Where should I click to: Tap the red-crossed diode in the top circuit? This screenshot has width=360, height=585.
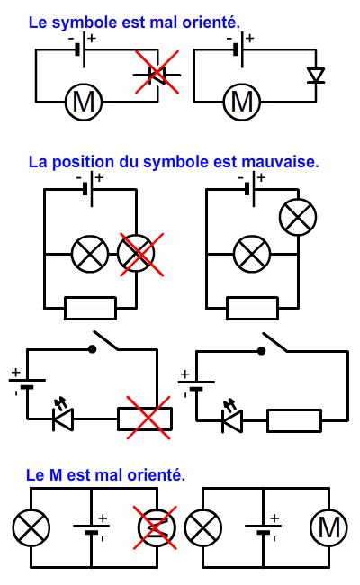pyautogui.click(x=157, y=75)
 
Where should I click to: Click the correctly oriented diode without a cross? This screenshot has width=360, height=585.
pyautogui.click(x=316, y=76)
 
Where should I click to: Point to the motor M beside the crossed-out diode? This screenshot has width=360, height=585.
pyautogui.click(x=84, y=102)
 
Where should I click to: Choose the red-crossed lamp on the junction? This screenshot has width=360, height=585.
pyautogui.click(x=136, y=254)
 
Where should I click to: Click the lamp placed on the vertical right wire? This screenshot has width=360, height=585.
pyautogui.click(x=298, y=217)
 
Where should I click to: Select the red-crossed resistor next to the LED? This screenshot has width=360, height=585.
pyautogui.click(x=145, y=419)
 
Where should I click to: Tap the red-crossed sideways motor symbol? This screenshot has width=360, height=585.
pyautogui.click(x=157, y=527)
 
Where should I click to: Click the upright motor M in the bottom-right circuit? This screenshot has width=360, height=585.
pyautogui.click(x=328, y=528)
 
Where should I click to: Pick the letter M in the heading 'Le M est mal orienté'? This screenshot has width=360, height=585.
pyautogui.click(x=56, y=475)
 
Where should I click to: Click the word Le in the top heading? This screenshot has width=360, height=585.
pyautogui.click(x=38, y=22)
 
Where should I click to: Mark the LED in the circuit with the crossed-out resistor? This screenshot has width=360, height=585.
pyautogui.click(x=63, y=417)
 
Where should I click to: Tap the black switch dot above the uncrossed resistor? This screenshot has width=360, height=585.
pyautogui.click(x=262, y=351)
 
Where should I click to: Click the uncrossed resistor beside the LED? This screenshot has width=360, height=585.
pyautogui.click(x=294, y=421)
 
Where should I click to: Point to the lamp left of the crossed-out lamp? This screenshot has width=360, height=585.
pyautogui.click(x=90, y=254)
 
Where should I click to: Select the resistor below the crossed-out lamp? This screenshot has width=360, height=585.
pyautogui.click(x=90, y=309)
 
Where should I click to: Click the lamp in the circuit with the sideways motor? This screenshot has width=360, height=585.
pyautogui.click(x=31, y=527)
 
